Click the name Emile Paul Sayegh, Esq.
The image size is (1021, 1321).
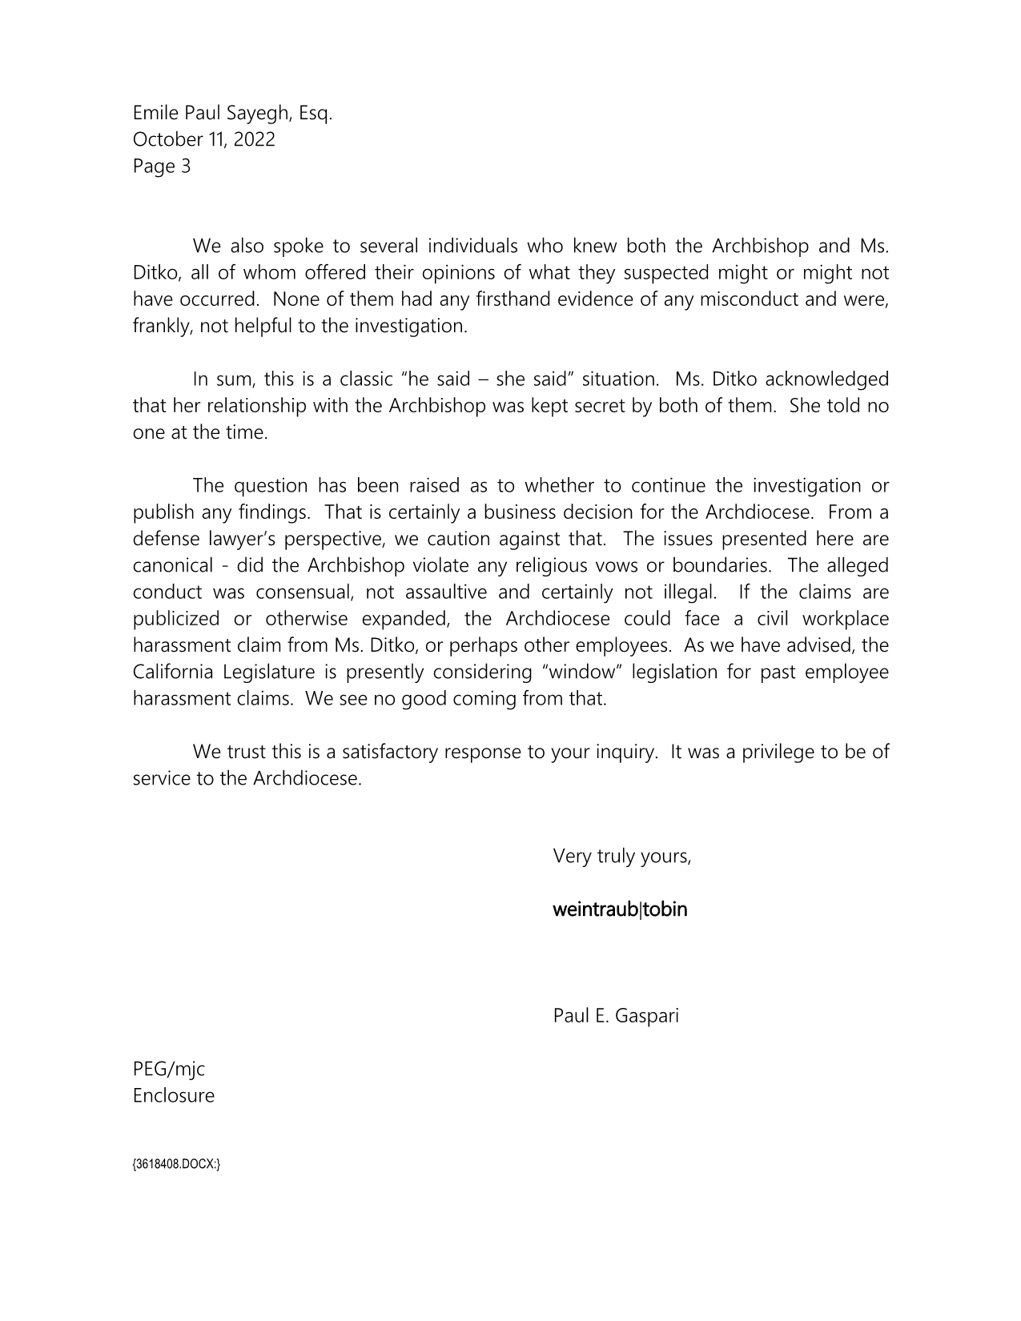coord(232,113)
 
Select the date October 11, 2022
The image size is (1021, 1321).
coord(203,139)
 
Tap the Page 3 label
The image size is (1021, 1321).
coord(162,167)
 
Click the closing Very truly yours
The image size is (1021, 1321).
coord(621,857)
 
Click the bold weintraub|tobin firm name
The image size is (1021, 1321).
coord(620,909)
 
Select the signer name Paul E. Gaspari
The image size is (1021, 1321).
coord(615,1016)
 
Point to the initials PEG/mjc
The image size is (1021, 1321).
coord(169,1069)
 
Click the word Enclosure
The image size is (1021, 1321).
coord(174,1096)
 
